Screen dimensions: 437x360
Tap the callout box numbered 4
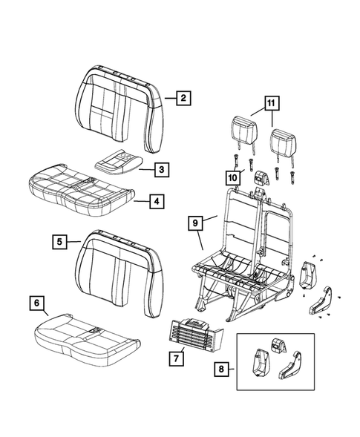[x=156, y=200]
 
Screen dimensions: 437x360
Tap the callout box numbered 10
[x=233, y=177]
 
